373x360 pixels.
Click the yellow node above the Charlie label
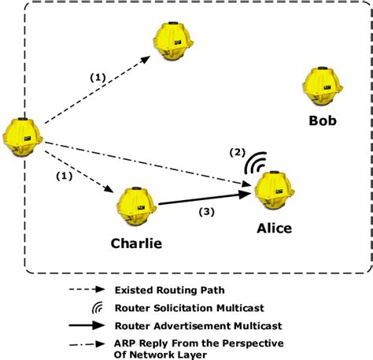[x=135, y=207]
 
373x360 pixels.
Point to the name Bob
[x=323, y=121]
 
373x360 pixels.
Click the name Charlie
[x=135, y=243]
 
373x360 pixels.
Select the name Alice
[x=274, y=228]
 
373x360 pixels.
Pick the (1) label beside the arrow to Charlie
[x=63, y=176]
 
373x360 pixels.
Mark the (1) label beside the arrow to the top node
[x=97, y=78]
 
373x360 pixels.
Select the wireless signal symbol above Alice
[x=253, y=163]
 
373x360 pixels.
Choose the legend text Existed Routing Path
[x=165, y=291]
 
